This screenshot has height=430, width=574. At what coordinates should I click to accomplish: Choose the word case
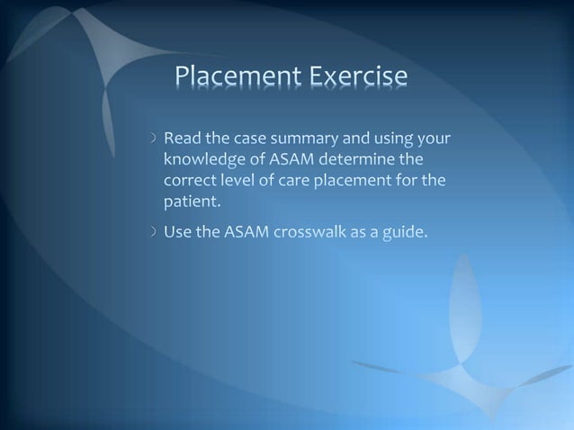(247, 140)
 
